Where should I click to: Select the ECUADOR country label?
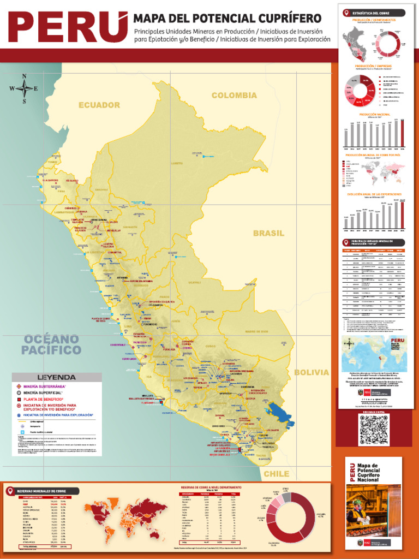(99, 105)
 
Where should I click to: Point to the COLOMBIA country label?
(234, 96)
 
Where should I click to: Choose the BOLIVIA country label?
(312, 372)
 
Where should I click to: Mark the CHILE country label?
(277, 474)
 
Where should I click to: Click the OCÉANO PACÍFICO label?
(52, 344)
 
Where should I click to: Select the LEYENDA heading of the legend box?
(56, 377)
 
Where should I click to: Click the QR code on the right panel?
(374, 430)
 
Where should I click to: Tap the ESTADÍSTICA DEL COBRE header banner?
(374, 12)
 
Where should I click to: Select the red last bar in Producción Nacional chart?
(403, 133)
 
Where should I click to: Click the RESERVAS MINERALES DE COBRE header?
(44, 491)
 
